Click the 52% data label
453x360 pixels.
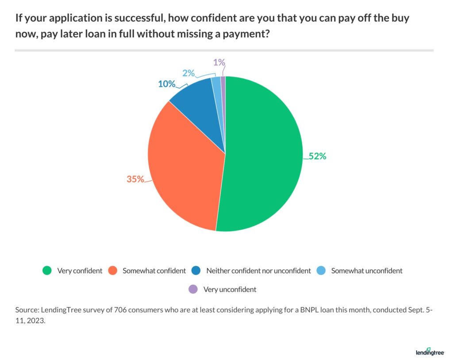click(317, 156)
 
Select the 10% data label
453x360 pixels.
click(167, 84)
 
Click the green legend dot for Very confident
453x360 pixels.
click(46, 271)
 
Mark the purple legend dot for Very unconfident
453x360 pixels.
click(193, 290)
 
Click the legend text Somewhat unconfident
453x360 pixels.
click(367, 271)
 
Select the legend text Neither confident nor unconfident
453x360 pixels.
click(258, 271)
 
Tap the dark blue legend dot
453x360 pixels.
click(196, 271)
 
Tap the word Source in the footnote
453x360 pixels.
click(26, 310)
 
